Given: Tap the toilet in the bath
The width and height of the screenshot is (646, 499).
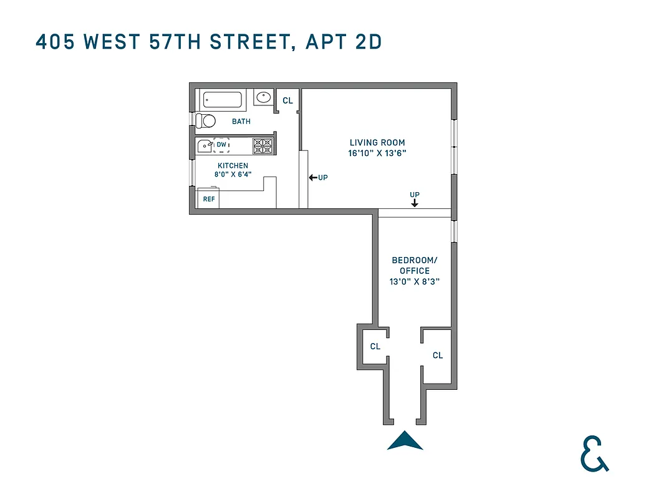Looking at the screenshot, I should (x=205, y=120).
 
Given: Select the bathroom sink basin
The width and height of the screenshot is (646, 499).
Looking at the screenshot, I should (x=264, y=97).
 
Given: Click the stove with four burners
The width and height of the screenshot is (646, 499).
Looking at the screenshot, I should (x=263, y=146).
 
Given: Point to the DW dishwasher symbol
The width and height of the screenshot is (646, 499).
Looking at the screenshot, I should (x=221, y=145).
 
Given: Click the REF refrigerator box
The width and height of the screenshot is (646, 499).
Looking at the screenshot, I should (x=209, y=200).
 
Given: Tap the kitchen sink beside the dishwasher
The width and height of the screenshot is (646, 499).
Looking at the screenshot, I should (x=205, y=146).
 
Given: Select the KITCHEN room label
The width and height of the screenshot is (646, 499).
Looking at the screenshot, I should (x=233, y=166).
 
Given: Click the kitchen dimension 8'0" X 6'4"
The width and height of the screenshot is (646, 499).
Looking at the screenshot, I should (x=233, y=175).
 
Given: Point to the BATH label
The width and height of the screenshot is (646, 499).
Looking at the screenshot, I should (x=241, y=122).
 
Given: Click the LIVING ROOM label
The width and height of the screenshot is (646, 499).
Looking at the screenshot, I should (x=377, y=143).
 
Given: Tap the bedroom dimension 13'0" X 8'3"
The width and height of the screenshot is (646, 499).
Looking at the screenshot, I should (x=410, y=281).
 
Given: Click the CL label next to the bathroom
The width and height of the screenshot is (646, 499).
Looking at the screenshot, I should (x=287, y=100).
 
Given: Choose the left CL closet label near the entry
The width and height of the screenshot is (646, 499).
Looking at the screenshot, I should (x=375, y=347).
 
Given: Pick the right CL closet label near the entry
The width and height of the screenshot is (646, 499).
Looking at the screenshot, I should (x=438, y=356).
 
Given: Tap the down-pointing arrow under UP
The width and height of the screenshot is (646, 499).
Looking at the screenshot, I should (x=415, y=203).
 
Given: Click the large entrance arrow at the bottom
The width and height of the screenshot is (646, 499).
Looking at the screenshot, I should (x=405, y=440).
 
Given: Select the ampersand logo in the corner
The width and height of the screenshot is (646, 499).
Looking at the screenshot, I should (x=594, y=453).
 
